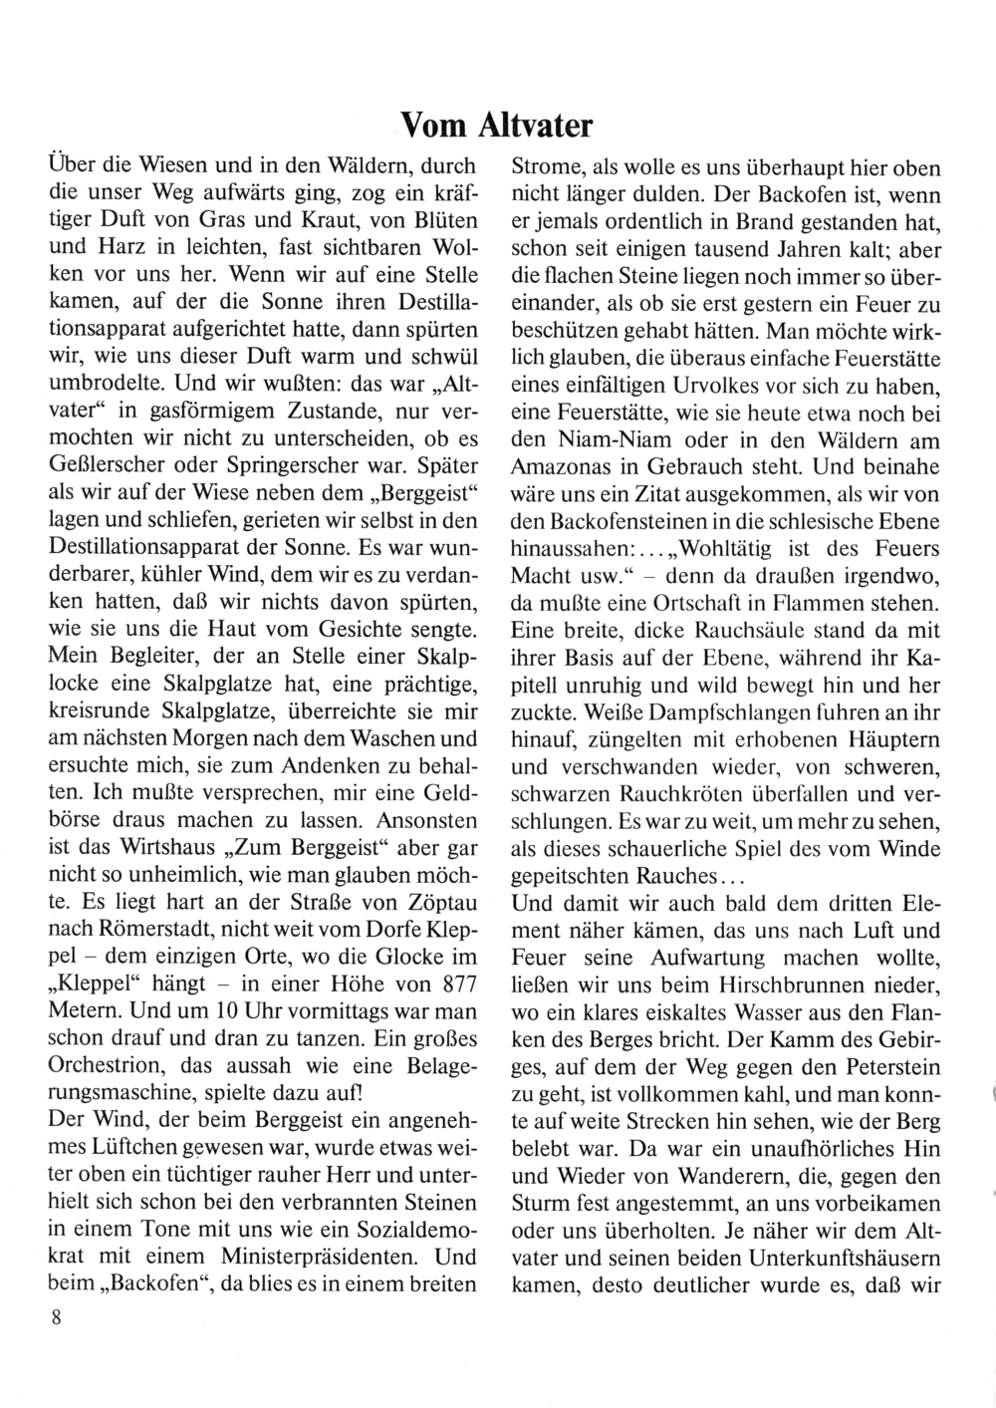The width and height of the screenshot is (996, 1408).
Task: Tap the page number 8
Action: (x=57, y=1317)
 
